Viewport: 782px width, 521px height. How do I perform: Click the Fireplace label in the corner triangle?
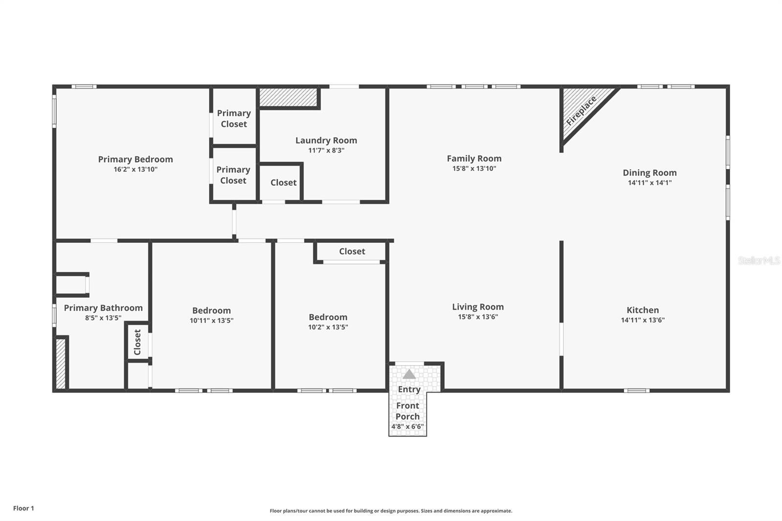(x=581, y=111)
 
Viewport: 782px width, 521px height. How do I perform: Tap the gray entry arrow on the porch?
(x=409, y=374)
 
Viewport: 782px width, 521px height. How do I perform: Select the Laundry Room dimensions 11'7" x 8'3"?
(x=326, y=151)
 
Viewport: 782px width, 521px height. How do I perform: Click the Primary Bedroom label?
(x=135, y=159)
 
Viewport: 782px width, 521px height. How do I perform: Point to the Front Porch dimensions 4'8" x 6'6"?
(x=408, y=426)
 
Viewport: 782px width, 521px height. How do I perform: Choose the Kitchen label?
(x=643, y=310)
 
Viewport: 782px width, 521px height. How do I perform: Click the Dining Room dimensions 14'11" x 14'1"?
(x=650, y=183)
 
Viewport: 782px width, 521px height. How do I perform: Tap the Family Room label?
(x=474, y=158)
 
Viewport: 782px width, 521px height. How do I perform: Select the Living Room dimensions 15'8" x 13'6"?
(x=478, y=317)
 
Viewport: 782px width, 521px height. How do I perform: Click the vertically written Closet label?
(x=137, y=342)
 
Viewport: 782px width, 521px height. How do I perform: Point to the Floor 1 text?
(x=24, y=508)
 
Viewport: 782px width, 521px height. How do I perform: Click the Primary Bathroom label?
(x=103, y=308)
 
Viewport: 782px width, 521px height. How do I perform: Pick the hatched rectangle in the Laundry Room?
(x=288, y=97)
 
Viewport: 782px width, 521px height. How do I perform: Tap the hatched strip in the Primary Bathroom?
(x=61, y=364)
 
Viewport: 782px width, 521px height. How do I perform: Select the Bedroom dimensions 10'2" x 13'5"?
(x=328, y=327)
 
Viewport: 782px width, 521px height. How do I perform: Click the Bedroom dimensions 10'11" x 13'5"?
(x=212, y=321)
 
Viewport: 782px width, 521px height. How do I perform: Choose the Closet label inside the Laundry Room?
(x=283, y=183)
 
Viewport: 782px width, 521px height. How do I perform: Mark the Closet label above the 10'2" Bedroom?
(x=352, y=251)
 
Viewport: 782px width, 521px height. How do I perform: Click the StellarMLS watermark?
(x=759, y=260)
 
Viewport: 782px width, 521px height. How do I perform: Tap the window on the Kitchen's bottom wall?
(x=636, y=391)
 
